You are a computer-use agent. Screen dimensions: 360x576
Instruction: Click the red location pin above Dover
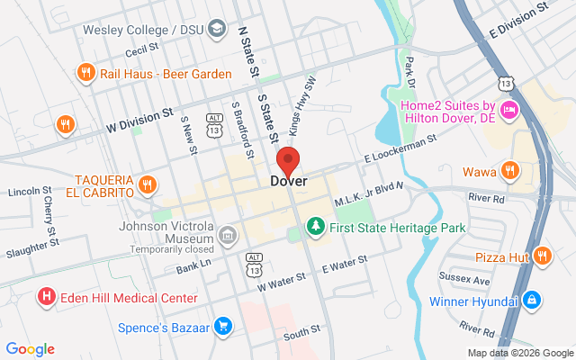click(x=288, y=161)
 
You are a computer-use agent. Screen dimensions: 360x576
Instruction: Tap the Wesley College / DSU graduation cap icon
click(x=216, y=31)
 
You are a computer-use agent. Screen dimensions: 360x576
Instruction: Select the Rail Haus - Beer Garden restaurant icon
click(x=85, y=72)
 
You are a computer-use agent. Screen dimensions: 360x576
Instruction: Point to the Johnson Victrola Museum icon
click(x=228, y=237)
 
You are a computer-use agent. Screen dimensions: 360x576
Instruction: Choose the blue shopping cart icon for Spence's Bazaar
click(x=223, y=326)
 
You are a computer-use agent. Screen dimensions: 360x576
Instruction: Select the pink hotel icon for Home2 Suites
click(x=508, y=111)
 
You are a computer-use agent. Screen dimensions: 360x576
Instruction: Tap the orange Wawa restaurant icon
click(x=509, y=171)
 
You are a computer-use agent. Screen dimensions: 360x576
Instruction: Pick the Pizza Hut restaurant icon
click(x=542, y=256)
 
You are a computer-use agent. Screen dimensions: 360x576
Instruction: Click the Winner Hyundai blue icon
click(x=532, y=299)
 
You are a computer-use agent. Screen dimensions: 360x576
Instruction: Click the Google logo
click(x=30, y=349)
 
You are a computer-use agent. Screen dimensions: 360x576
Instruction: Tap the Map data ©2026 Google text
click(x=519, y=352)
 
